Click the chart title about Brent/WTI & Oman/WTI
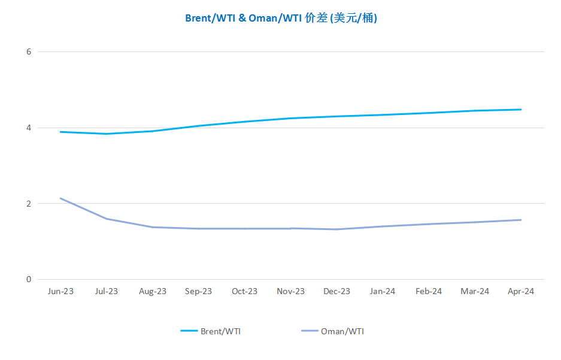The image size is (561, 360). point(281,18)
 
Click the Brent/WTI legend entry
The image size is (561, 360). point(211,331)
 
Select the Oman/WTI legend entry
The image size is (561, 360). point(333,331)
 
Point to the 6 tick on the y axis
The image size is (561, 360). point(29,52)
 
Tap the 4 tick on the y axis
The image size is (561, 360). point(29,128)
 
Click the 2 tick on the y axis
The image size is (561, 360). point(29,204)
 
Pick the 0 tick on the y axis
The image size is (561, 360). point(29,280)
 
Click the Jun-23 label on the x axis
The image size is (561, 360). point(60,291)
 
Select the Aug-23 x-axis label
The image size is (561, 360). point(153,292)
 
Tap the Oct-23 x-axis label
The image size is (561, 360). point(245,291)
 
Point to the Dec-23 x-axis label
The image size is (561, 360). point(336,291)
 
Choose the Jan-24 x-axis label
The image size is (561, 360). point(383,291)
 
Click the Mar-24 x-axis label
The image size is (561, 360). point(475,291)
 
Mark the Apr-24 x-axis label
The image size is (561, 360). point(521,292)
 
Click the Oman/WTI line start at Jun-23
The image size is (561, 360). point(60,198)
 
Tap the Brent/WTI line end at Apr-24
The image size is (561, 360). point(521,110)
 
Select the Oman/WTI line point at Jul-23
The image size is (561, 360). point(107,219)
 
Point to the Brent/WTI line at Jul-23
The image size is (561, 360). point(107,134)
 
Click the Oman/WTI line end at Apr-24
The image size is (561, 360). point(521,220)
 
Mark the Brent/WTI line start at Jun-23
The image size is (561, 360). point(60,132)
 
